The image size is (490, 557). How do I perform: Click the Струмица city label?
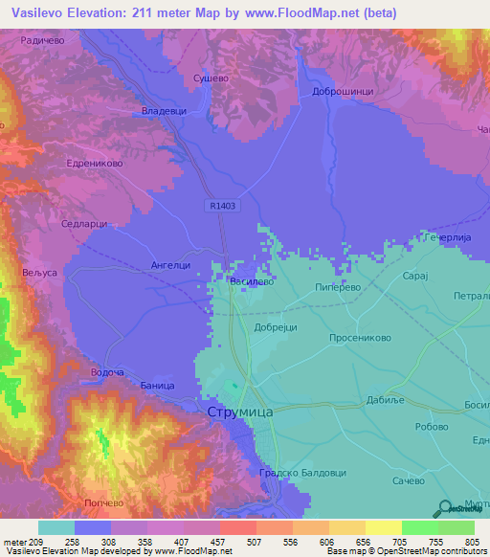click(x=240, y=412)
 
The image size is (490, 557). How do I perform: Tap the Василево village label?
click(x=252, y=282)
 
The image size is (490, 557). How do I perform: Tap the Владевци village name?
click(x=164, y=112)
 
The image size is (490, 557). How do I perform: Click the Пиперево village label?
click(x=335, y=286)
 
